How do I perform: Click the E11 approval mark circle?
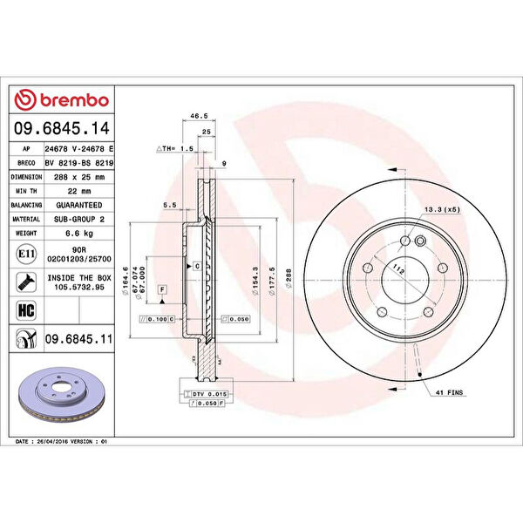(x=26, y=254)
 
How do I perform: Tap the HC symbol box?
(x=26, y=309)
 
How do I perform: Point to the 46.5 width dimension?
(x=199, y=114)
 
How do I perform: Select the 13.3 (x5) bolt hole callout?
(x=442, y=210)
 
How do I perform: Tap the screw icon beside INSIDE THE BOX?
(x=26, y=280)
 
